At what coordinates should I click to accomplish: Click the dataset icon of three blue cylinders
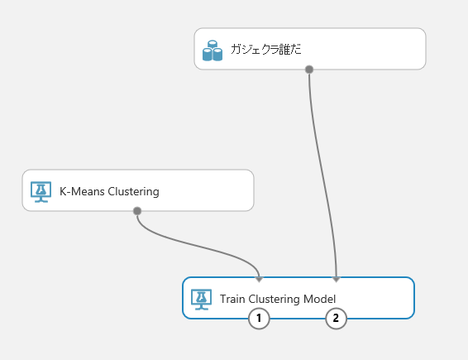[213, 50]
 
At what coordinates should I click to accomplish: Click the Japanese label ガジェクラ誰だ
[266, 50]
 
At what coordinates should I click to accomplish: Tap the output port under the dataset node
[309, 70]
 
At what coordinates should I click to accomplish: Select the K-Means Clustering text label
[109, 191]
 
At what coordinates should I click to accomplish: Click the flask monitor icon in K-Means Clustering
[41, 191]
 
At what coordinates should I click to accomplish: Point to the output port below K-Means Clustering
[137, 211]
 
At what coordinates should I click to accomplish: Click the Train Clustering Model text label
[278, 299]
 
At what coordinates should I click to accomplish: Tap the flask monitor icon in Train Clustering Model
[202, 299]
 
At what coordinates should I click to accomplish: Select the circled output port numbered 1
[259, 319]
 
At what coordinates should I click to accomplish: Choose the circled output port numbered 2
[336, 319]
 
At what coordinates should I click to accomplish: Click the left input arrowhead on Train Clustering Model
[259, 280]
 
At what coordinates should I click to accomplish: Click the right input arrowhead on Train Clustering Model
[337, 280]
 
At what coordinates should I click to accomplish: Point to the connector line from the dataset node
[320, 173]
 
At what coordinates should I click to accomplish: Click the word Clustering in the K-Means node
[133, 192]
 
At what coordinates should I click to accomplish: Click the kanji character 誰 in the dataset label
[284, 50]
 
